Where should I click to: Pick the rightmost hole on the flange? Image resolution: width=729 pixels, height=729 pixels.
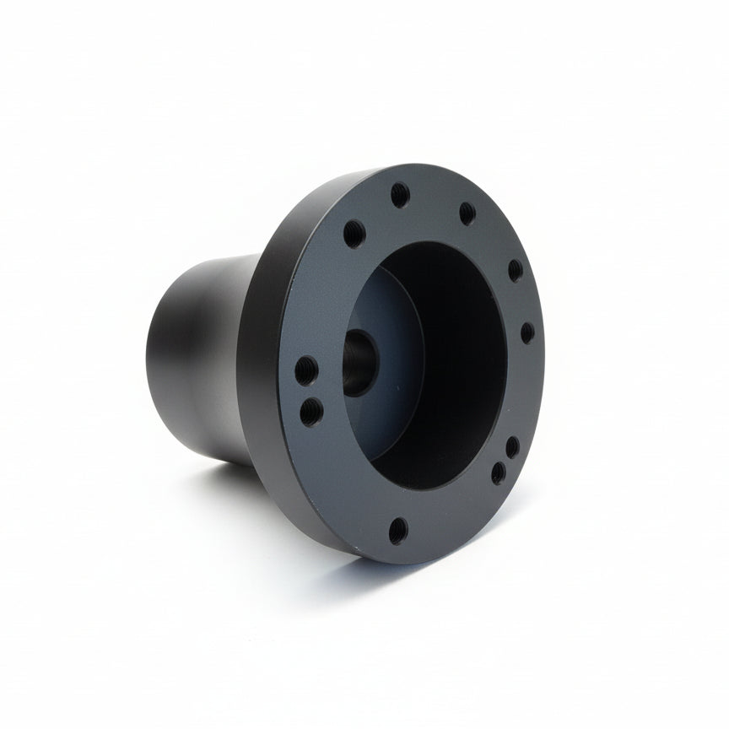tap(526, 332)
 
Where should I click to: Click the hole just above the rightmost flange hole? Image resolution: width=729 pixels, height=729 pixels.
tap(514, 270)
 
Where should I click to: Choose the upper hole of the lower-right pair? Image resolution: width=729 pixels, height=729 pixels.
tap(512, 446)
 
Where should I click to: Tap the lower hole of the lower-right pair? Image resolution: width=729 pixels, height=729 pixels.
tap(499, 472)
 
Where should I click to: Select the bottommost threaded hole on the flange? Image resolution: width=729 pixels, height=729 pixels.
tap(398, 530)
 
